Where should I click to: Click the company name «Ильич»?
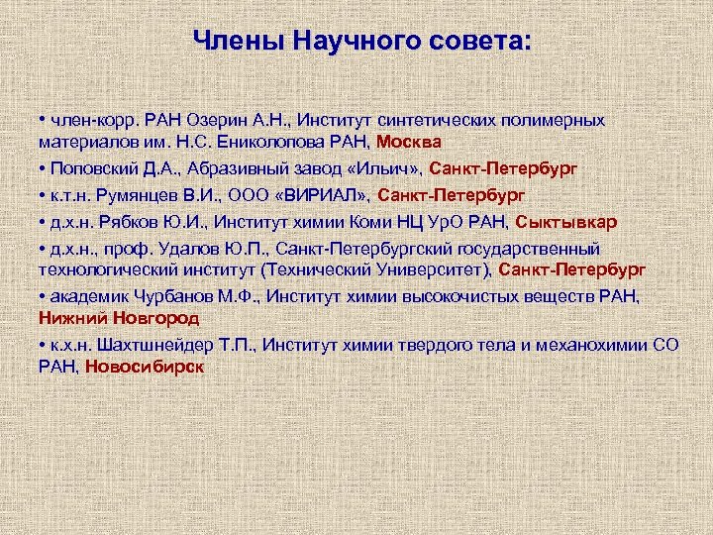(x=390, y=167)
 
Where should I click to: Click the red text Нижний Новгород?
(x=119, y=318)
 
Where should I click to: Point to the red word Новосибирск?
(x=145, y=366)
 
